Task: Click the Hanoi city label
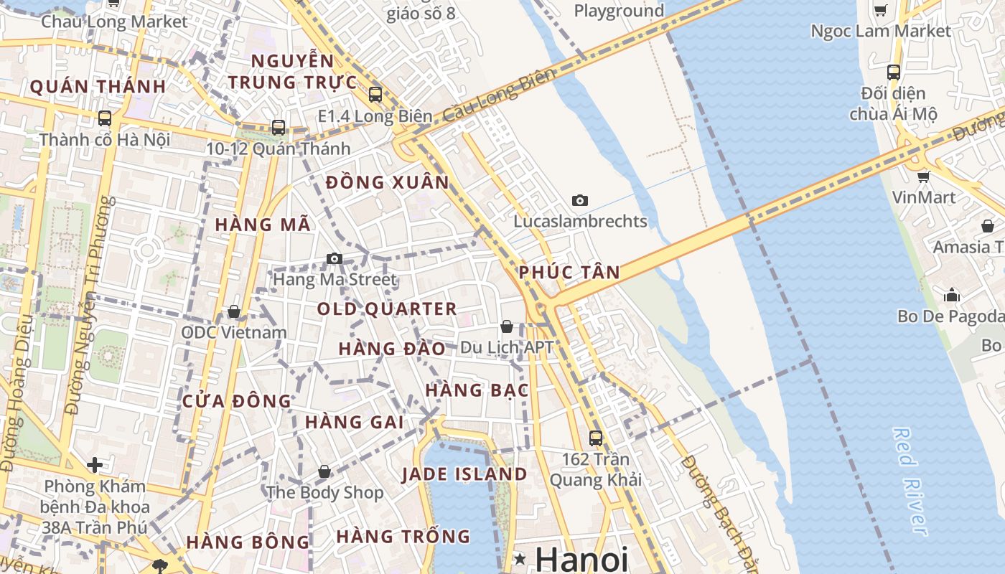click(x=581, y=559)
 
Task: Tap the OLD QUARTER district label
click(x=387, y=309)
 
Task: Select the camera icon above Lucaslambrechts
click(x=580, y=200)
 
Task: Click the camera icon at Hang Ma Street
click(x=334, y=258)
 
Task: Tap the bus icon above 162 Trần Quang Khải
click(x=595, y=438)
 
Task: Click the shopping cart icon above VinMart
click(x=923, y=176)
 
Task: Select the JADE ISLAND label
click(x=464, y=474)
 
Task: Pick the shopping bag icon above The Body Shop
click(x=324, y=471)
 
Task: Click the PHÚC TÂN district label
click(x=569, y=273)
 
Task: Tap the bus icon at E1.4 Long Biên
click(x=375, y=94)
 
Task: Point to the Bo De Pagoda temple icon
click(x=952, y=295)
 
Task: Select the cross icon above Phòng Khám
click(x=95, y=465)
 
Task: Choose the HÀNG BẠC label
click(x=477, y=391)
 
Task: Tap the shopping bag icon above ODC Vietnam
click(x=233, y=311)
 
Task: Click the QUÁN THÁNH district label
click(x=98, y=87)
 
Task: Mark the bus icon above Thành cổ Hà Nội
click(x=105, y=118)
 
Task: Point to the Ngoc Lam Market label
click(x=880, y=31)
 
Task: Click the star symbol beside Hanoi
click(x=520, y=559)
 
